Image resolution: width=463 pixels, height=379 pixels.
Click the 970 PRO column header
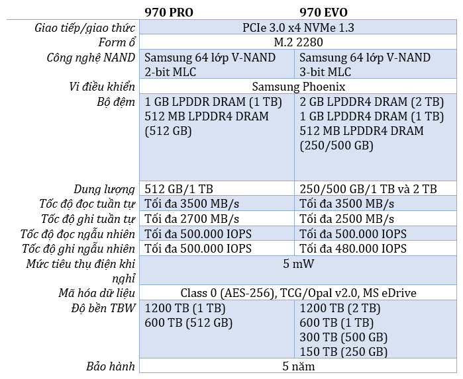(169, 13)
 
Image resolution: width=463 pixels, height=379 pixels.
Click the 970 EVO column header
(323, 13)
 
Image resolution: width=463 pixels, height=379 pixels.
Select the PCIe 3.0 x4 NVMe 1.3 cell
(298, 27)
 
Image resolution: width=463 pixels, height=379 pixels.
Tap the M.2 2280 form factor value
(298, 42)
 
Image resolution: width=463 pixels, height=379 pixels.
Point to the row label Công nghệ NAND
(91, 58)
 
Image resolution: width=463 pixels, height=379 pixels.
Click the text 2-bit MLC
(170, 72)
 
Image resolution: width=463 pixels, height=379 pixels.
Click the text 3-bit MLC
(325, 72)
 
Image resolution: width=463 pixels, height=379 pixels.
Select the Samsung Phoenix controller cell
(299, 87)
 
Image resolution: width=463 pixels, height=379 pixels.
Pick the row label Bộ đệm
(116, 102)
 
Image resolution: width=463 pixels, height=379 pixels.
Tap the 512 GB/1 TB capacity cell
(179, 189)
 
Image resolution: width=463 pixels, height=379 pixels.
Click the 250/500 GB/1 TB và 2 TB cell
(368, 189)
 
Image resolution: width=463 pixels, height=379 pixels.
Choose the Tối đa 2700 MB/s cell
(191, 219)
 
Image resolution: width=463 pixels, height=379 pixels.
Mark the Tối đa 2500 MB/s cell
(346, 219)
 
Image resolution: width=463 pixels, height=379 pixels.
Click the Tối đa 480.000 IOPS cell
(353, 249)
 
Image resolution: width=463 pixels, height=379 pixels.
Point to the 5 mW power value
(298, 264)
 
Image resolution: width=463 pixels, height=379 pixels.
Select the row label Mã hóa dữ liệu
(97, 293)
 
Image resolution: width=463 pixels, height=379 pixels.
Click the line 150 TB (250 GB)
(343, 352)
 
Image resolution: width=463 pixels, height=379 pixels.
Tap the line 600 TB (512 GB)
(188, 323)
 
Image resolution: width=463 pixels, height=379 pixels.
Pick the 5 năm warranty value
(298, 366)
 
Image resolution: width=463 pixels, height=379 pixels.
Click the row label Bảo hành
(111, 366)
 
